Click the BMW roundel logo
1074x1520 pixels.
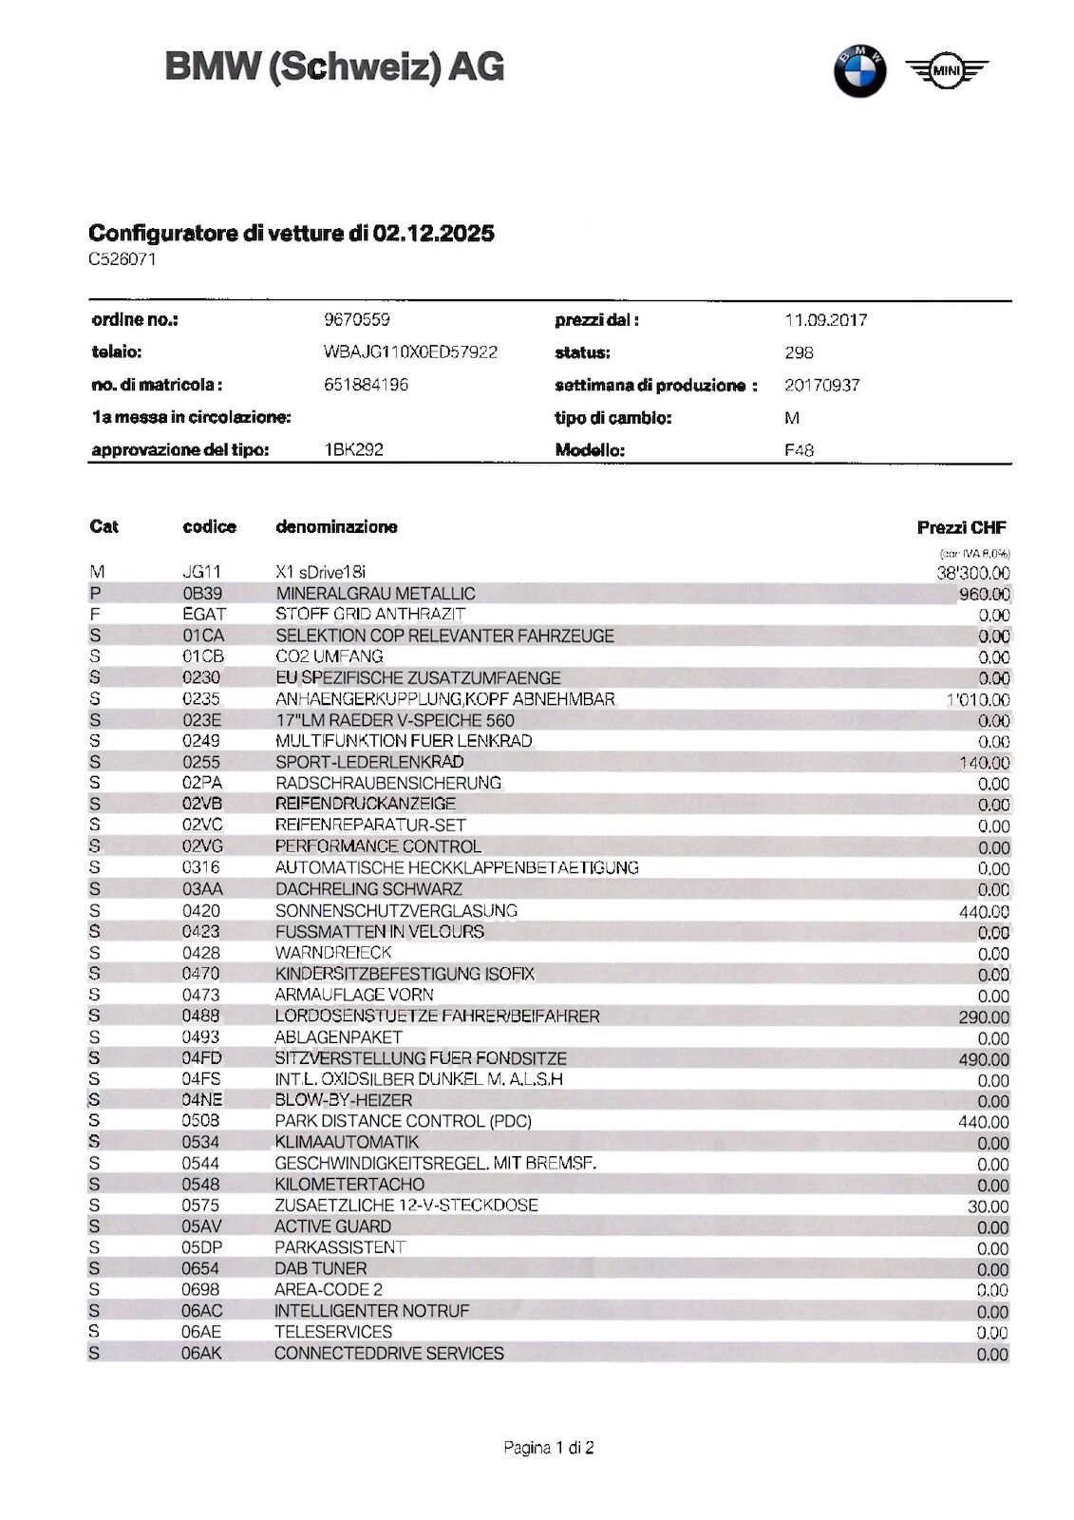click(859, 71)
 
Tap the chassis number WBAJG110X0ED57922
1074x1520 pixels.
click(410, 352)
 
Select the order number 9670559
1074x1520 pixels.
click(357, 320)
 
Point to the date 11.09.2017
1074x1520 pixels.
click(825, 320)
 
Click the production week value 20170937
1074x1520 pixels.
click(821, 385)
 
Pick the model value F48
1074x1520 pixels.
click(799, 450)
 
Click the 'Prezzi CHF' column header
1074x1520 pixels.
click(961, 527)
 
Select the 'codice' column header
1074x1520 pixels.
click(209, 526)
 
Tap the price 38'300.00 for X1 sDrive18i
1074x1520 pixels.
click(972, 573)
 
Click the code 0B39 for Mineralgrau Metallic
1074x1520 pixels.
click(202, 594)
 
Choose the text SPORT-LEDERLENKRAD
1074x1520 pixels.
click(369, 762)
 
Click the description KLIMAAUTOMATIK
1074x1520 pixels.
click(347, 1142)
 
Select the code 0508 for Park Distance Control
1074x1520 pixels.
click(200, 1121)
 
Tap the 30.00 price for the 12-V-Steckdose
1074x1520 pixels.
click(988, 1206)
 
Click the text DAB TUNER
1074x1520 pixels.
click(320, 1268)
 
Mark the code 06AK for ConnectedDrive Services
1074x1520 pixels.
click(201, 1353)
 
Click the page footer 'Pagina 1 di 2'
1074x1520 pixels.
click(549, 1448)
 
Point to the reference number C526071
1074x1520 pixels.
click(122, 259)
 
